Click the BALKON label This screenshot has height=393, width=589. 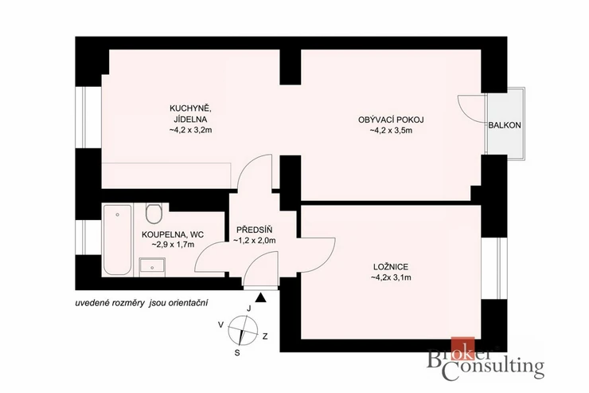tap(505, 126)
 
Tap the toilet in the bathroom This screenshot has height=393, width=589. tap(154, 213)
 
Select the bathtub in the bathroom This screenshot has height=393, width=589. tap(118, 240)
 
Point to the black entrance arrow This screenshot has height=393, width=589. tap(261, 298)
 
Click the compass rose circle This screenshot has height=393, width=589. tap(243, 330)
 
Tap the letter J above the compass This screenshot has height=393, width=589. tap(248, 309)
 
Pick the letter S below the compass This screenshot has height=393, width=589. tap(237, 353)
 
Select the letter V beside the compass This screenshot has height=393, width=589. tap(221, 324)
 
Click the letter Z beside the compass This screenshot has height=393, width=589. tap(265, 336)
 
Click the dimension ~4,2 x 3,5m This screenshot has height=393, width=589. tap(391, 131)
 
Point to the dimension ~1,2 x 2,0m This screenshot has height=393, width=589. tap(255, 240)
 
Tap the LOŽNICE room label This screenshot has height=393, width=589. tap(391, 266)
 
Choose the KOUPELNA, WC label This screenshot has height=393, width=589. tap(173, 234)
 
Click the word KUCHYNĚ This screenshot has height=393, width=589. tap(190, 108)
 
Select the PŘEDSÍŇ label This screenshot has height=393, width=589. tap(255, 230)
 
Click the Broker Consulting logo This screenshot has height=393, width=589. tap(486, 359)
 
